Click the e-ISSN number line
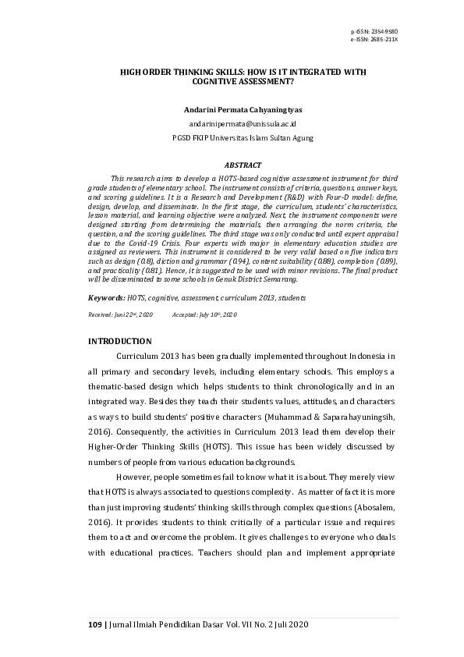(374, 39)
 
